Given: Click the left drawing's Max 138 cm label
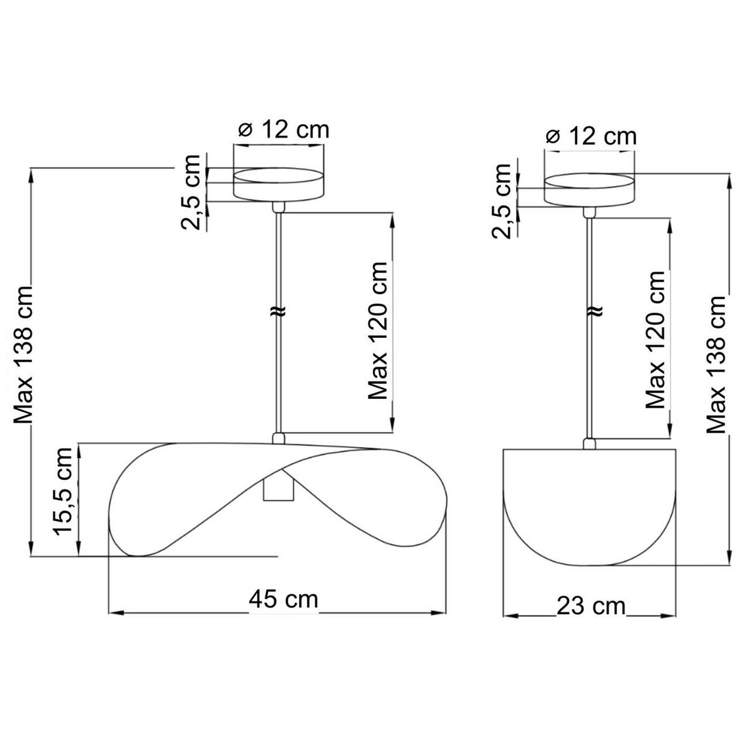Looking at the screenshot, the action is tap(23, 355).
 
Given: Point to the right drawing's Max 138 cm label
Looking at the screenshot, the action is tap(716, 364).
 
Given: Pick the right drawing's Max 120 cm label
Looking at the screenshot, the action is tap(655, 339).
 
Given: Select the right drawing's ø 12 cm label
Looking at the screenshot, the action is tap(591, 137).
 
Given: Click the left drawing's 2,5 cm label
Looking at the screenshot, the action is tap(190, 193).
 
